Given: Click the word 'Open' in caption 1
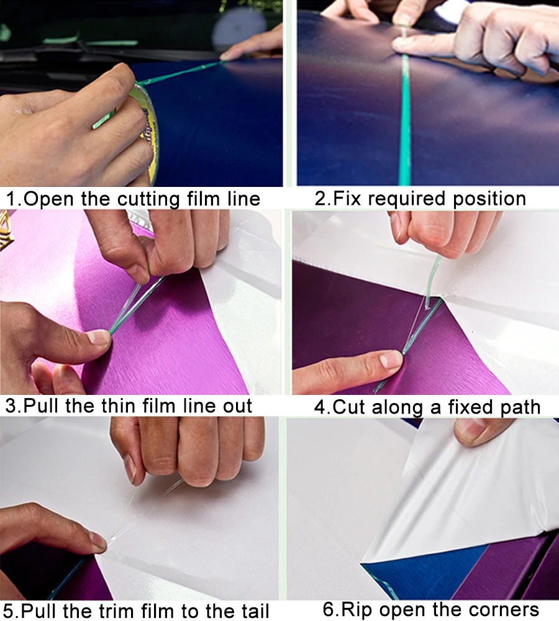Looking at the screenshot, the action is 50,199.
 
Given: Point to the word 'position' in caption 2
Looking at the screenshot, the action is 489,199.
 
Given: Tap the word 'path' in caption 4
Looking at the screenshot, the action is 520,407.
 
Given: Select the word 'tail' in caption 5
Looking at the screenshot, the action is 253,610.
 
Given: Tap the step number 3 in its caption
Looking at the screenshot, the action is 11,406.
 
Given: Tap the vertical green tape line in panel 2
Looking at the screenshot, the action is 405,119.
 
